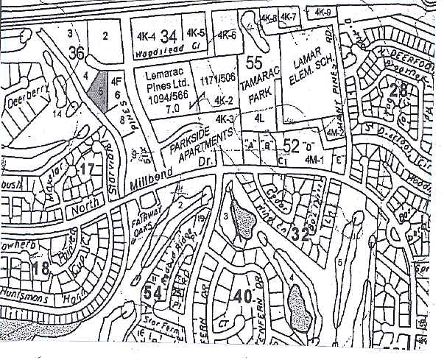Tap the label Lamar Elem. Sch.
click(303, 71)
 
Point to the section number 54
click(152, 294)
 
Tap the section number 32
click(300, 235)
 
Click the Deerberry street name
click(24, 100)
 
